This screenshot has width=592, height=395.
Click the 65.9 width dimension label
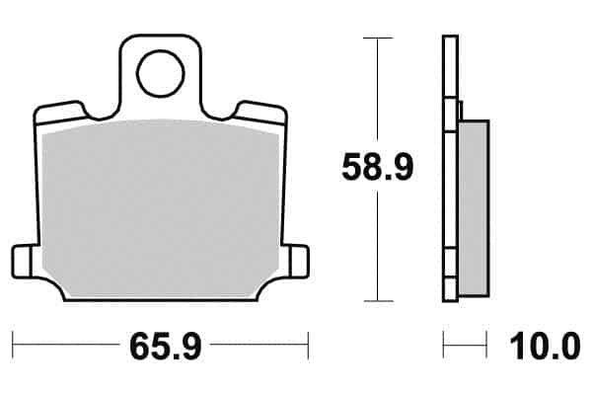point(166,347)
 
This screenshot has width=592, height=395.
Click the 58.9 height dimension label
point(378,168)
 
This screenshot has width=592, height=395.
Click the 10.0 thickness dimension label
point(545,347)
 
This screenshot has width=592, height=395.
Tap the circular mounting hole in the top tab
point(161,73)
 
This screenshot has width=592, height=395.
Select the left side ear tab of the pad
point(21,262)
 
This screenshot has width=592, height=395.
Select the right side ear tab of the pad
point(299,262)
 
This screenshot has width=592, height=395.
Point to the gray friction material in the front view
point(161,208)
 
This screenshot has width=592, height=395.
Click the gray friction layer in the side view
point(474,208)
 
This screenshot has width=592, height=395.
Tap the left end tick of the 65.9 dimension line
point(13,346)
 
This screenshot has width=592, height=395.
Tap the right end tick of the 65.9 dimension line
point(308,346)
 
